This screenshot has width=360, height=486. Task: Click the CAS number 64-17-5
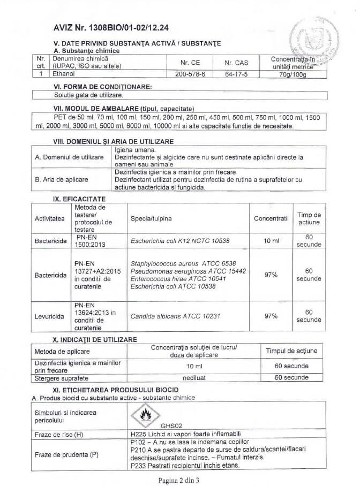tap(235, 74)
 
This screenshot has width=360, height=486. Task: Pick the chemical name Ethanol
tap(64, 74)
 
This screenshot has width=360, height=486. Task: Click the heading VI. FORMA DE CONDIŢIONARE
tap(103, 86)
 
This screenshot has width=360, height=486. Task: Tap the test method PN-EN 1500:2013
tap(88, 241)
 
